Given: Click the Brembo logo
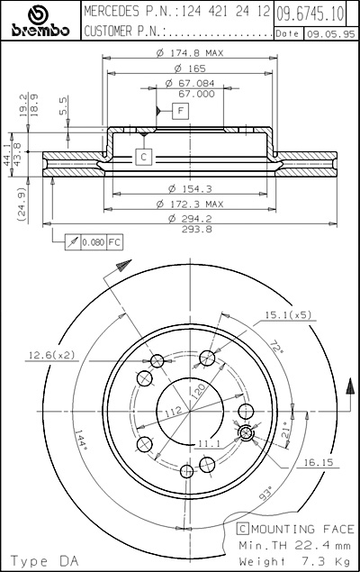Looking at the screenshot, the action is click(x=40, y=21).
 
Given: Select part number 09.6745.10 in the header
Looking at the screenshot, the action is click(x=310, y=14).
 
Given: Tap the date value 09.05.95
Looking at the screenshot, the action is click(x=330, y=34).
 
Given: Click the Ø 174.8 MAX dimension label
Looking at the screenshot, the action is click(x=190, y=53).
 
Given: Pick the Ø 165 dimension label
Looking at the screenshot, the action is click(x=190, y=68).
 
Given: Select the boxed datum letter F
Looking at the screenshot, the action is click(x=180, y=111).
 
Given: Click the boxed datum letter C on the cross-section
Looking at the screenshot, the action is click(x=144, y=157).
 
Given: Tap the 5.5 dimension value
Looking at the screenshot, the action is click(x=63, y=105).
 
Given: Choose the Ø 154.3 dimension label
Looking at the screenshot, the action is click(x=190, y=188).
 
